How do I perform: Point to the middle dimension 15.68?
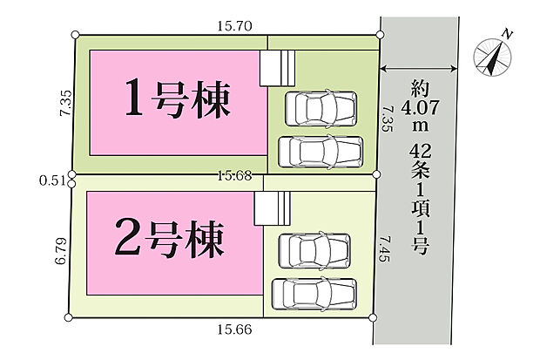[233, 175]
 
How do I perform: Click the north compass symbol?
[492, 56]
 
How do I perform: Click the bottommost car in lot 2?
[314, 292]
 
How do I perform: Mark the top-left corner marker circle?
[76, 35]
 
